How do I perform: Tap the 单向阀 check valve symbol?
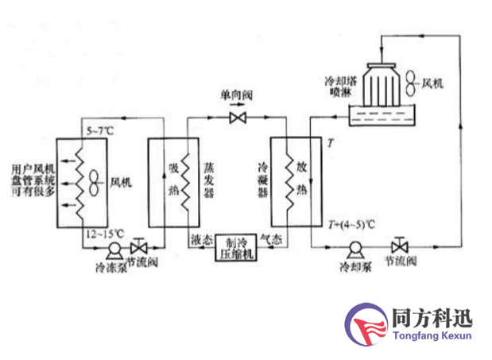(x=236, y=118)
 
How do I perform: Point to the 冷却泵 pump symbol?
(x=353, y=246)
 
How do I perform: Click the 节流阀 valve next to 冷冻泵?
(x=141, y=245)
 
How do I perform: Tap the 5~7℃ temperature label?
(x=99, y=128)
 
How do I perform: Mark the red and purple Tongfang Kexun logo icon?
(x=366, y=327)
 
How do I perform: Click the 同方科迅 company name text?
(x=432, y=319)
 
